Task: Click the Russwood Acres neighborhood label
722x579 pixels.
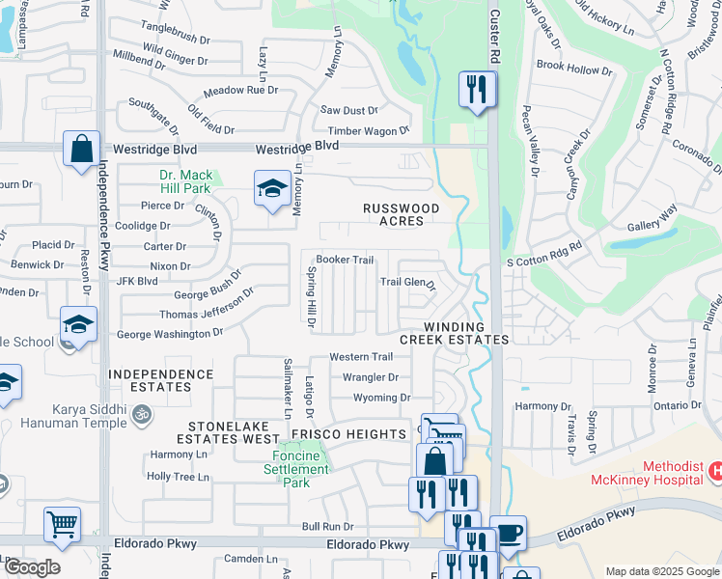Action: coord(401,214)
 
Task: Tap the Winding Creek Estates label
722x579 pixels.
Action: coord(454,333)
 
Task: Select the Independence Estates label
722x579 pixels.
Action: coord(150,380)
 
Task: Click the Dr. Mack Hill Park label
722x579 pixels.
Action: coord(184,182)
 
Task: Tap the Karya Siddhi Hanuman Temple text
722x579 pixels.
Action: coord(77,416)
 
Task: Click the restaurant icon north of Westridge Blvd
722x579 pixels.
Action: coord(477,91)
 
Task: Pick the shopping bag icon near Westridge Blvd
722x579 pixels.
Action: coord(81,150)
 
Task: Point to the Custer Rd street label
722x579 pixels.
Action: coord(494,29)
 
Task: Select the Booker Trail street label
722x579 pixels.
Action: coord(345,260)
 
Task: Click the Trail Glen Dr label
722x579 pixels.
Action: coord(407,283)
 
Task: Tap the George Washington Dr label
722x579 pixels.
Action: coord(170,334)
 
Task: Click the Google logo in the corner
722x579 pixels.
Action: coord(31,567)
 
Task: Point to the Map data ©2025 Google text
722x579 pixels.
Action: coord(661,571)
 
